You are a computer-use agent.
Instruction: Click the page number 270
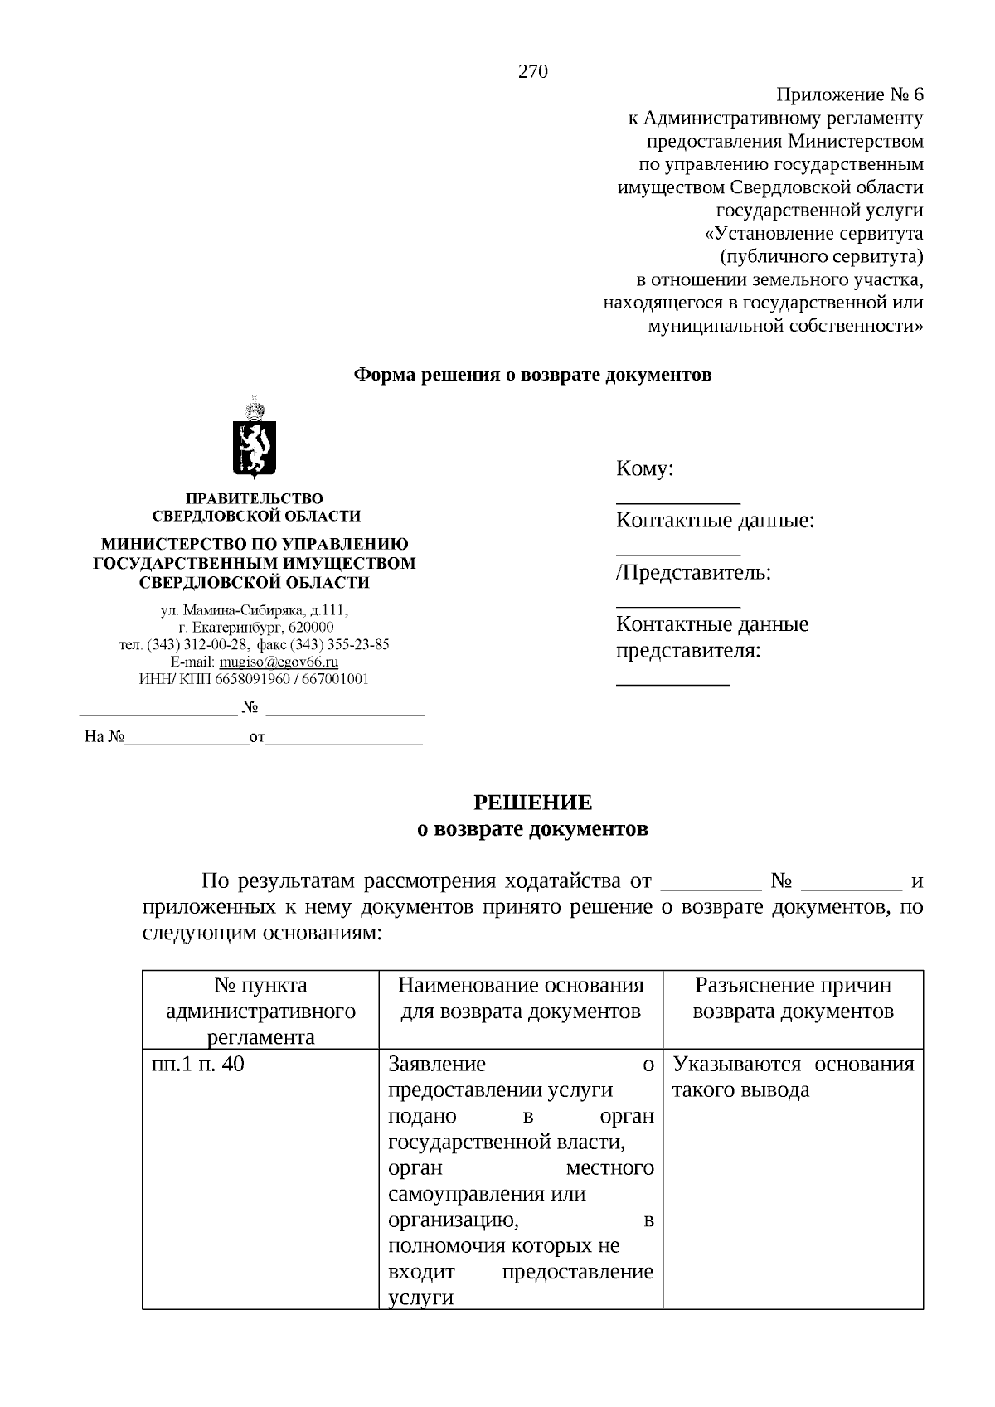[532, 72]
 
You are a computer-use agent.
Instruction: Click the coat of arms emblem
[254, 439]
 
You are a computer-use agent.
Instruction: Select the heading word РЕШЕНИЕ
[532, 803]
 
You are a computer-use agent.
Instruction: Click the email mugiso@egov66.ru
[279, 662]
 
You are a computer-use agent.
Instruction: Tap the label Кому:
[644, 469]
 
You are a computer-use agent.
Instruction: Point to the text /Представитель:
[693, 572]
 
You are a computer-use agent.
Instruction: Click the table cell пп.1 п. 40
[198, 1064]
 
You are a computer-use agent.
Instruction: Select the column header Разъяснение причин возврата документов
[793, 998]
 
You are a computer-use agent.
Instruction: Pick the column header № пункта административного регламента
[260, 1011]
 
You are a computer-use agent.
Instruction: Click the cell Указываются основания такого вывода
[793, 1076]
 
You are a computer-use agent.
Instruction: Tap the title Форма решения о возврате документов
[532, 375]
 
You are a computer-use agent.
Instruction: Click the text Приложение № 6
[849, 95]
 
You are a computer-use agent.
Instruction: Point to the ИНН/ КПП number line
[254, 679]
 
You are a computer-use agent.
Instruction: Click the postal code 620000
[311, 628]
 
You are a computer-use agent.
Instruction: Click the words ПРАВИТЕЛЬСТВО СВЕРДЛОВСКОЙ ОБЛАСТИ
[255, 507]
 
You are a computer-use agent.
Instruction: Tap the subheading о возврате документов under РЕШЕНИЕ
[532, 828]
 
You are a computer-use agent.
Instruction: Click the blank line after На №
[186, 736]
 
